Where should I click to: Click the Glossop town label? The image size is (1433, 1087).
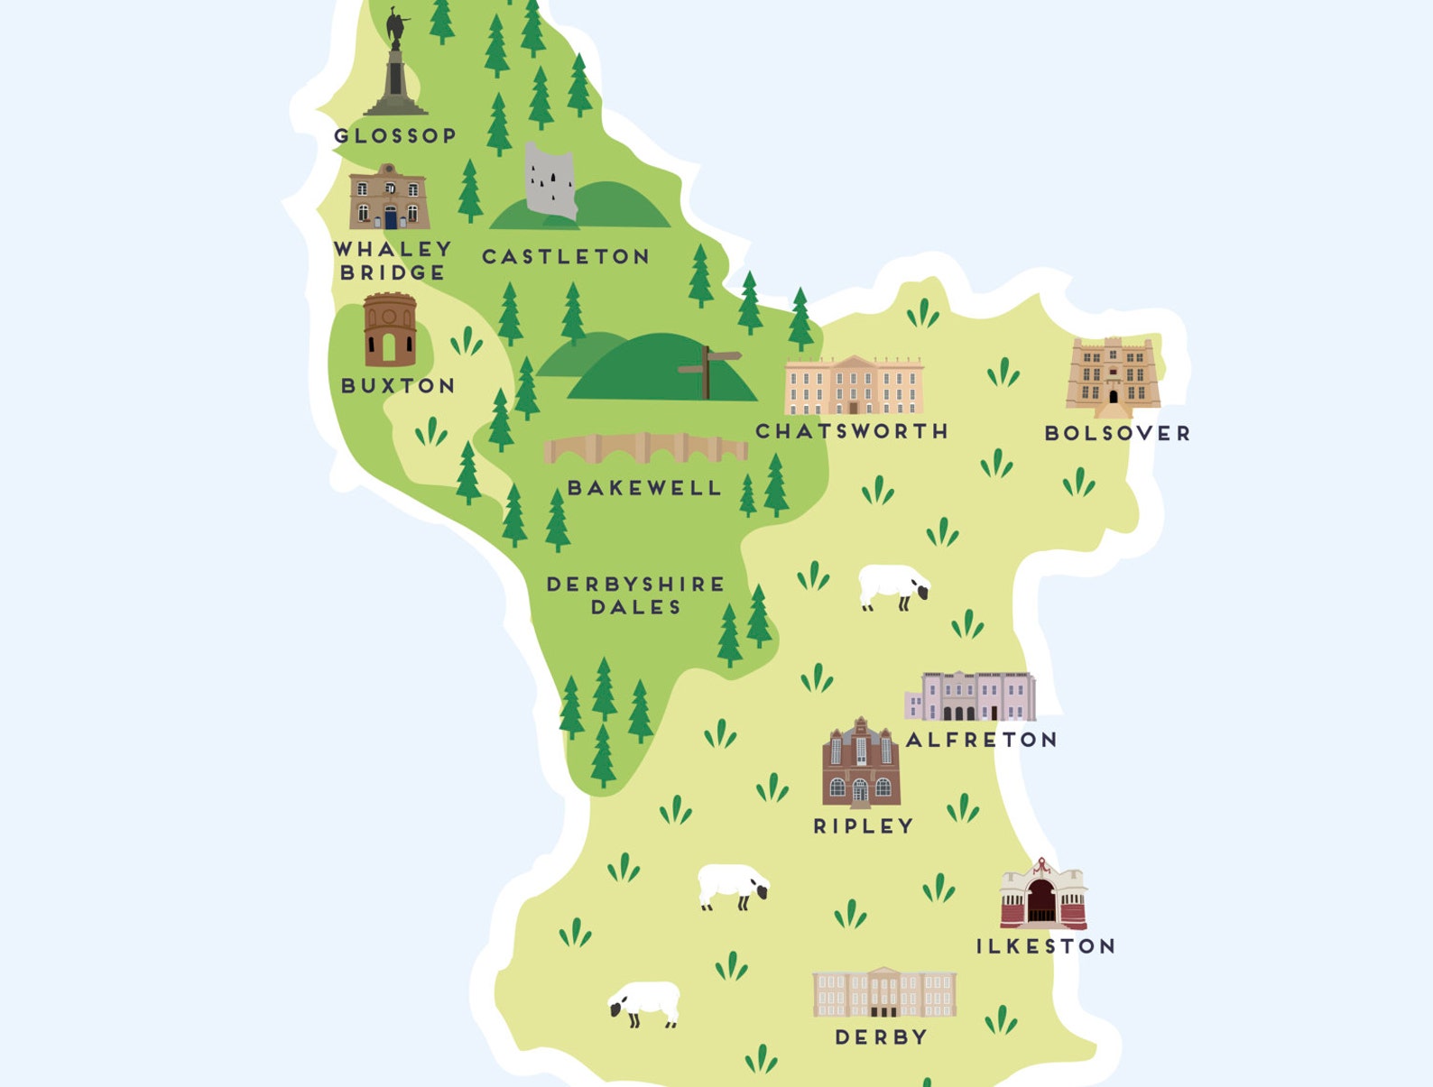[x=395, y=136]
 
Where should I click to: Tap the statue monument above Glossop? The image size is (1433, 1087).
[x=395, y=68]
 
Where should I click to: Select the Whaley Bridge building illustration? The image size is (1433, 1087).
[x=389, y=199]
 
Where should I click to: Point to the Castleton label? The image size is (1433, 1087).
[x=566, y=257]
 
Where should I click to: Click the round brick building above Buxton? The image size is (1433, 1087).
[x=390, y=330]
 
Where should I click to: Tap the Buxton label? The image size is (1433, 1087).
[x=398, y=386]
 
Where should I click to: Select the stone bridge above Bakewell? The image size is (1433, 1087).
[x=644, y=448]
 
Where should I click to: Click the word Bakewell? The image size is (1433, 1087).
[x=644, y=488]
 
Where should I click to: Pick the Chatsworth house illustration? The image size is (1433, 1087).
[x=854, y=385]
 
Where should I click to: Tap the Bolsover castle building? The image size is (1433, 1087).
[x=1113, y=373]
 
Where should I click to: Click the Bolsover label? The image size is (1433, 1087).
[x=1117, y=434]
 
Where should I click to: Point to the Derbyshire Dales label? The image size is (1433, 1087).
[x=635, y=595]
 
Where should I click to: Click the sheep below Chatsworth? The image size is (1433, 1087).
[x=892, y=586]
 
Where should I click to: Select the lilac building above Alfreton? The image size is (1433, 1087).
[x=971, y=697]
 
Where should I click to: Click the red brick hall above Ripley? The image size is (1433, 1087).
[x=861, y=765]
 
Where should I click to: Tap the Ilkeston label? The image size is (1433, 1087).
[x=1046, y=946]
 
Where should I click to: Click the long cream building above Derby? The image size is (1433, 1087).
[x=883, y=992]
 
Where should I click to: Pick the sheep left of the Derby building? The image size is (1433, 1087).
[x=644, y=1003]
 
